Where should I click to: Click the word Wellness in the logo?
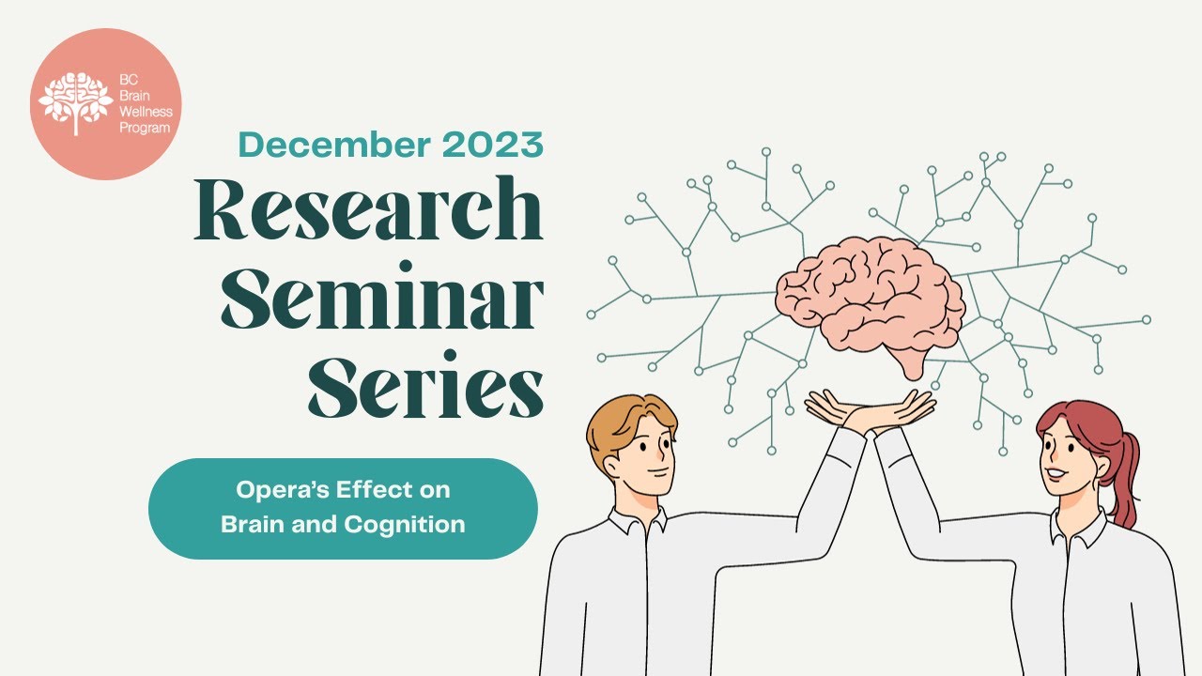146,114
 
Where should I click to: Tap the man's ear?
611,467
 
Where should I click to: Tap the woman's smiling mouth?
1056,474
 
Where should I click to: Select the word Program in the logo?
146,128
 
